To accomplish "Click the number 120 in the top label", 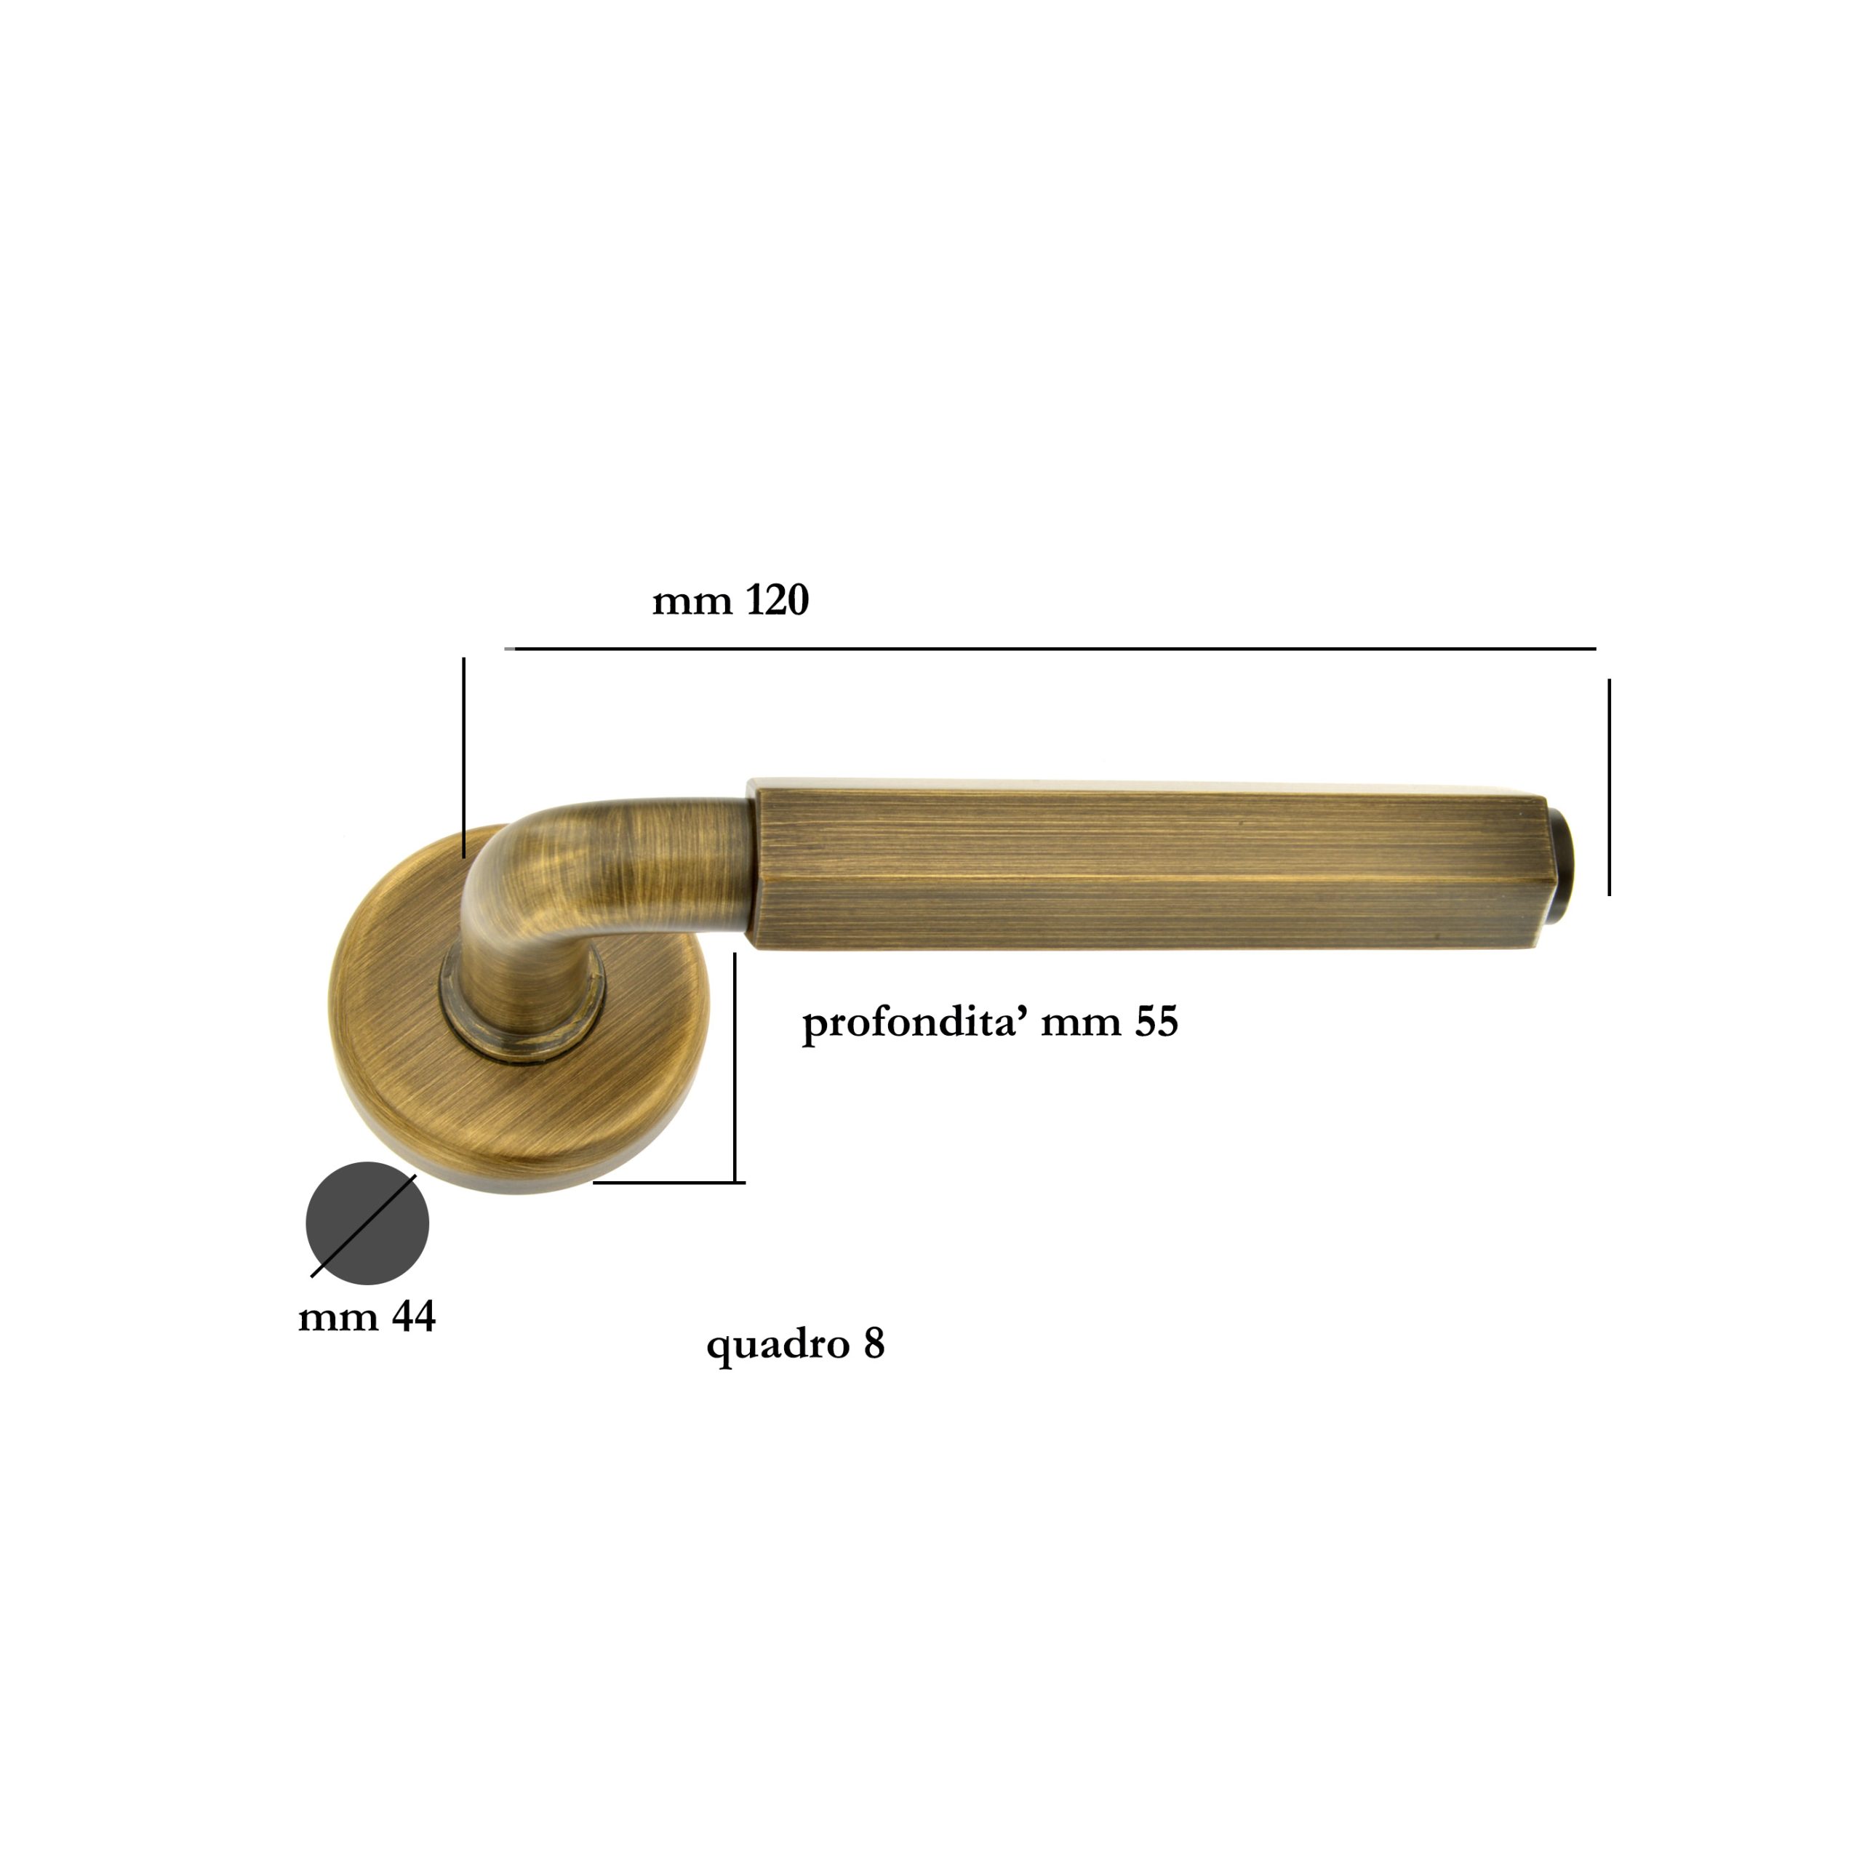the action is [777, 601].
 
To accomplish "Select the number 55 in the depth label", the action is [1156, 1023].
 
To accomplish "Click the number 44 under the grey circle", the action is [413, 1316].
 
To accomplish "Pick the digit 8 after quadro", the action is [874, 1343].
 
